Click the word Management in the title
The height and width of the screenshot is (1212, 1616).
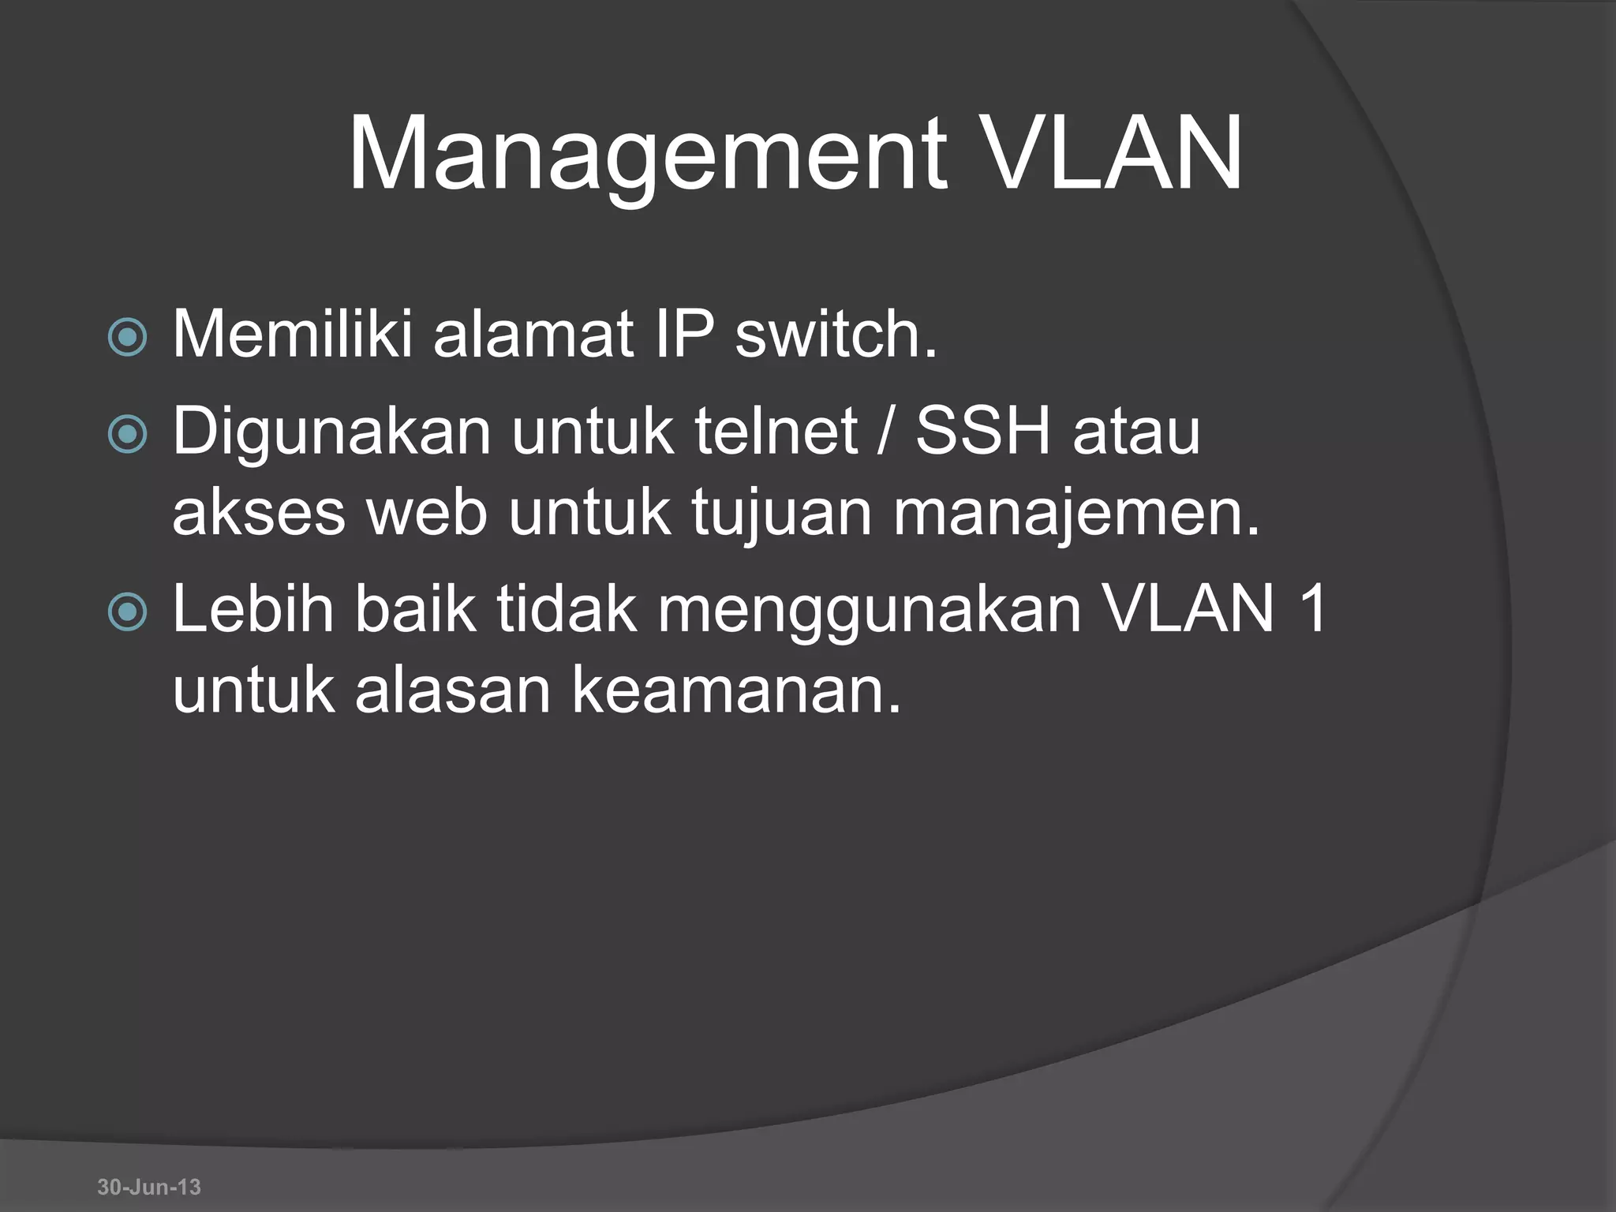(x=647, y=155)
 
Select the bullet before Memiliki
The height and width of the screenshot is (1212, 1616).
(x=127, y=338)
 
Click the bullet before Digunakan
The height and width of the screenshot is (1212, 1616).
(x=127, y=434)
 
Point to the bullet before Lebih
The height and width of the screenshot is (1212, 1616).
(x=127, y=612)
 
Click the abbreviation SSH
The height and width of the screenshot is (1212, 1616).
(x=983, y=432)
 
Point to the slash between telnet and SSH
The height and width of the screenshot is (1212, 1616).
(x=886, y=433)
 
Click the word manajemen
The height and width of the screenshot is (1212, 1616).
(x=1076, y=514)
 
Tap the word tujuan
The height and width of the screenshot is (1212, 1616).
(x=782, y=514)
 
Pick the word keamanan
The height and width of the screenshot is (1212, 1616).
(x=735, y=690)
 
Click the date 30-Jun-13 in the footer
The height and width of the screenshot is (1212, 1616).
(x=149, y=1187)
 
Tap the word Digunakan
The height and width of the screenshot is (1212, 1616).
(x=331, y=433)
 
